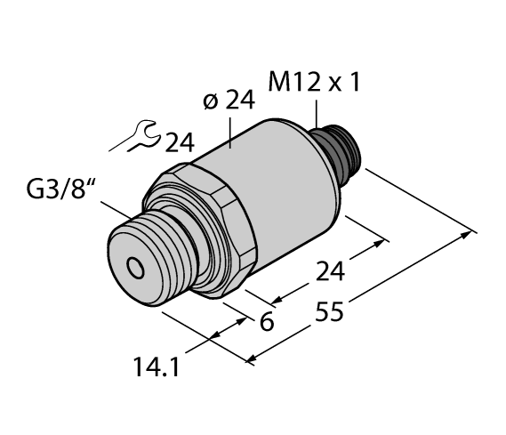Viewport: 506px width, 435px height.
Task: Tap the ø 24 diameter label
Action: tap(229, 101)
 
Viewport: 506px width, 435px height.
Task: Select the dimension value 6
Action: tap(264, 325)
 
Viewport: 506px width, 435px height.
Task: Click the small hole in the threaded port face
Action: tap(134, 266)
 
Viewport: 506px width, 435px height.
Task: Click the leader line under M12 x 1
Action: tap(317, 114)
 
